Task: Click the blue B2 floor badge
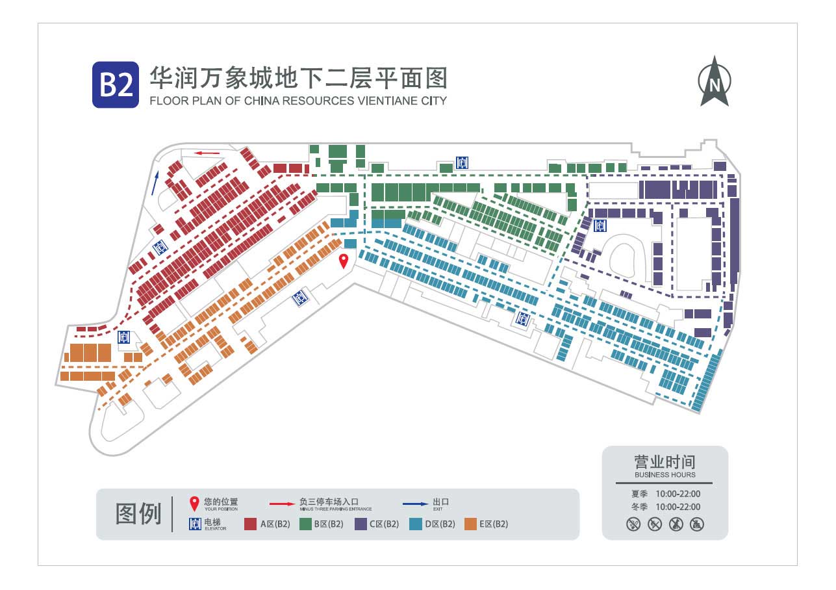pos(116,84)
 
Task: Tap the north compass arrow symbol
pos(715,81)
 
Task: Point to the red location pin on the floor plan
pos(344,261)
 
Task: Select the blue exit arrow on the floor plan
pos(155,183)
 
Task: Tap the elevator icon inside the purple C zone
pos(600,226)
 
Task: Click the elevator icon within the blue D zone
pos(523,319)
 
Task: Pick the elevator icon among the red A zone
pos(160,247)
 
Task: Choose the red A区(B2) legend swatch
pos(250,524)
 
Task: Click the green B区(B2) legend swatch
pos(306,524)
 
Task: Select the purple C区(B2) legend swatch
pos(361,524)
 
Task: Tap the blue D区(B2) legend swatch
pos(415,524)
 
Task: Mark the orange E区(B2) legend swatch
pos(471,524)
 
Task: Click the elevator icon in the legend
pos(195,524)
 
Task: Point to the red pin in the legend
pos(194,504)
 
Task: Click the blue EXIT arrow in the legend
pos(416,504)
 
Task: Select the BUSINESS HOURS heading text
pos(665,474)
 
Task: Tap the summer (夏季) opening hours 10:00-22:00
pos(678,494)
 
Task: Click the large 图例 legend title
pos(138,514)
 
